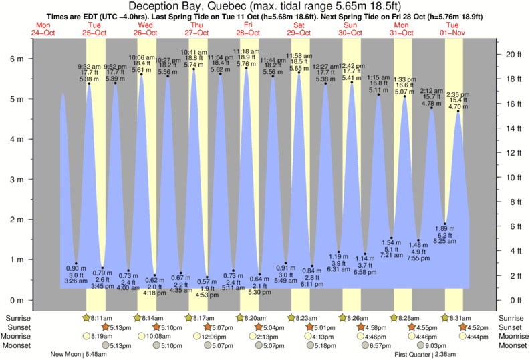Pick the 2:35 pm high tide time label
(458, 94)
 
